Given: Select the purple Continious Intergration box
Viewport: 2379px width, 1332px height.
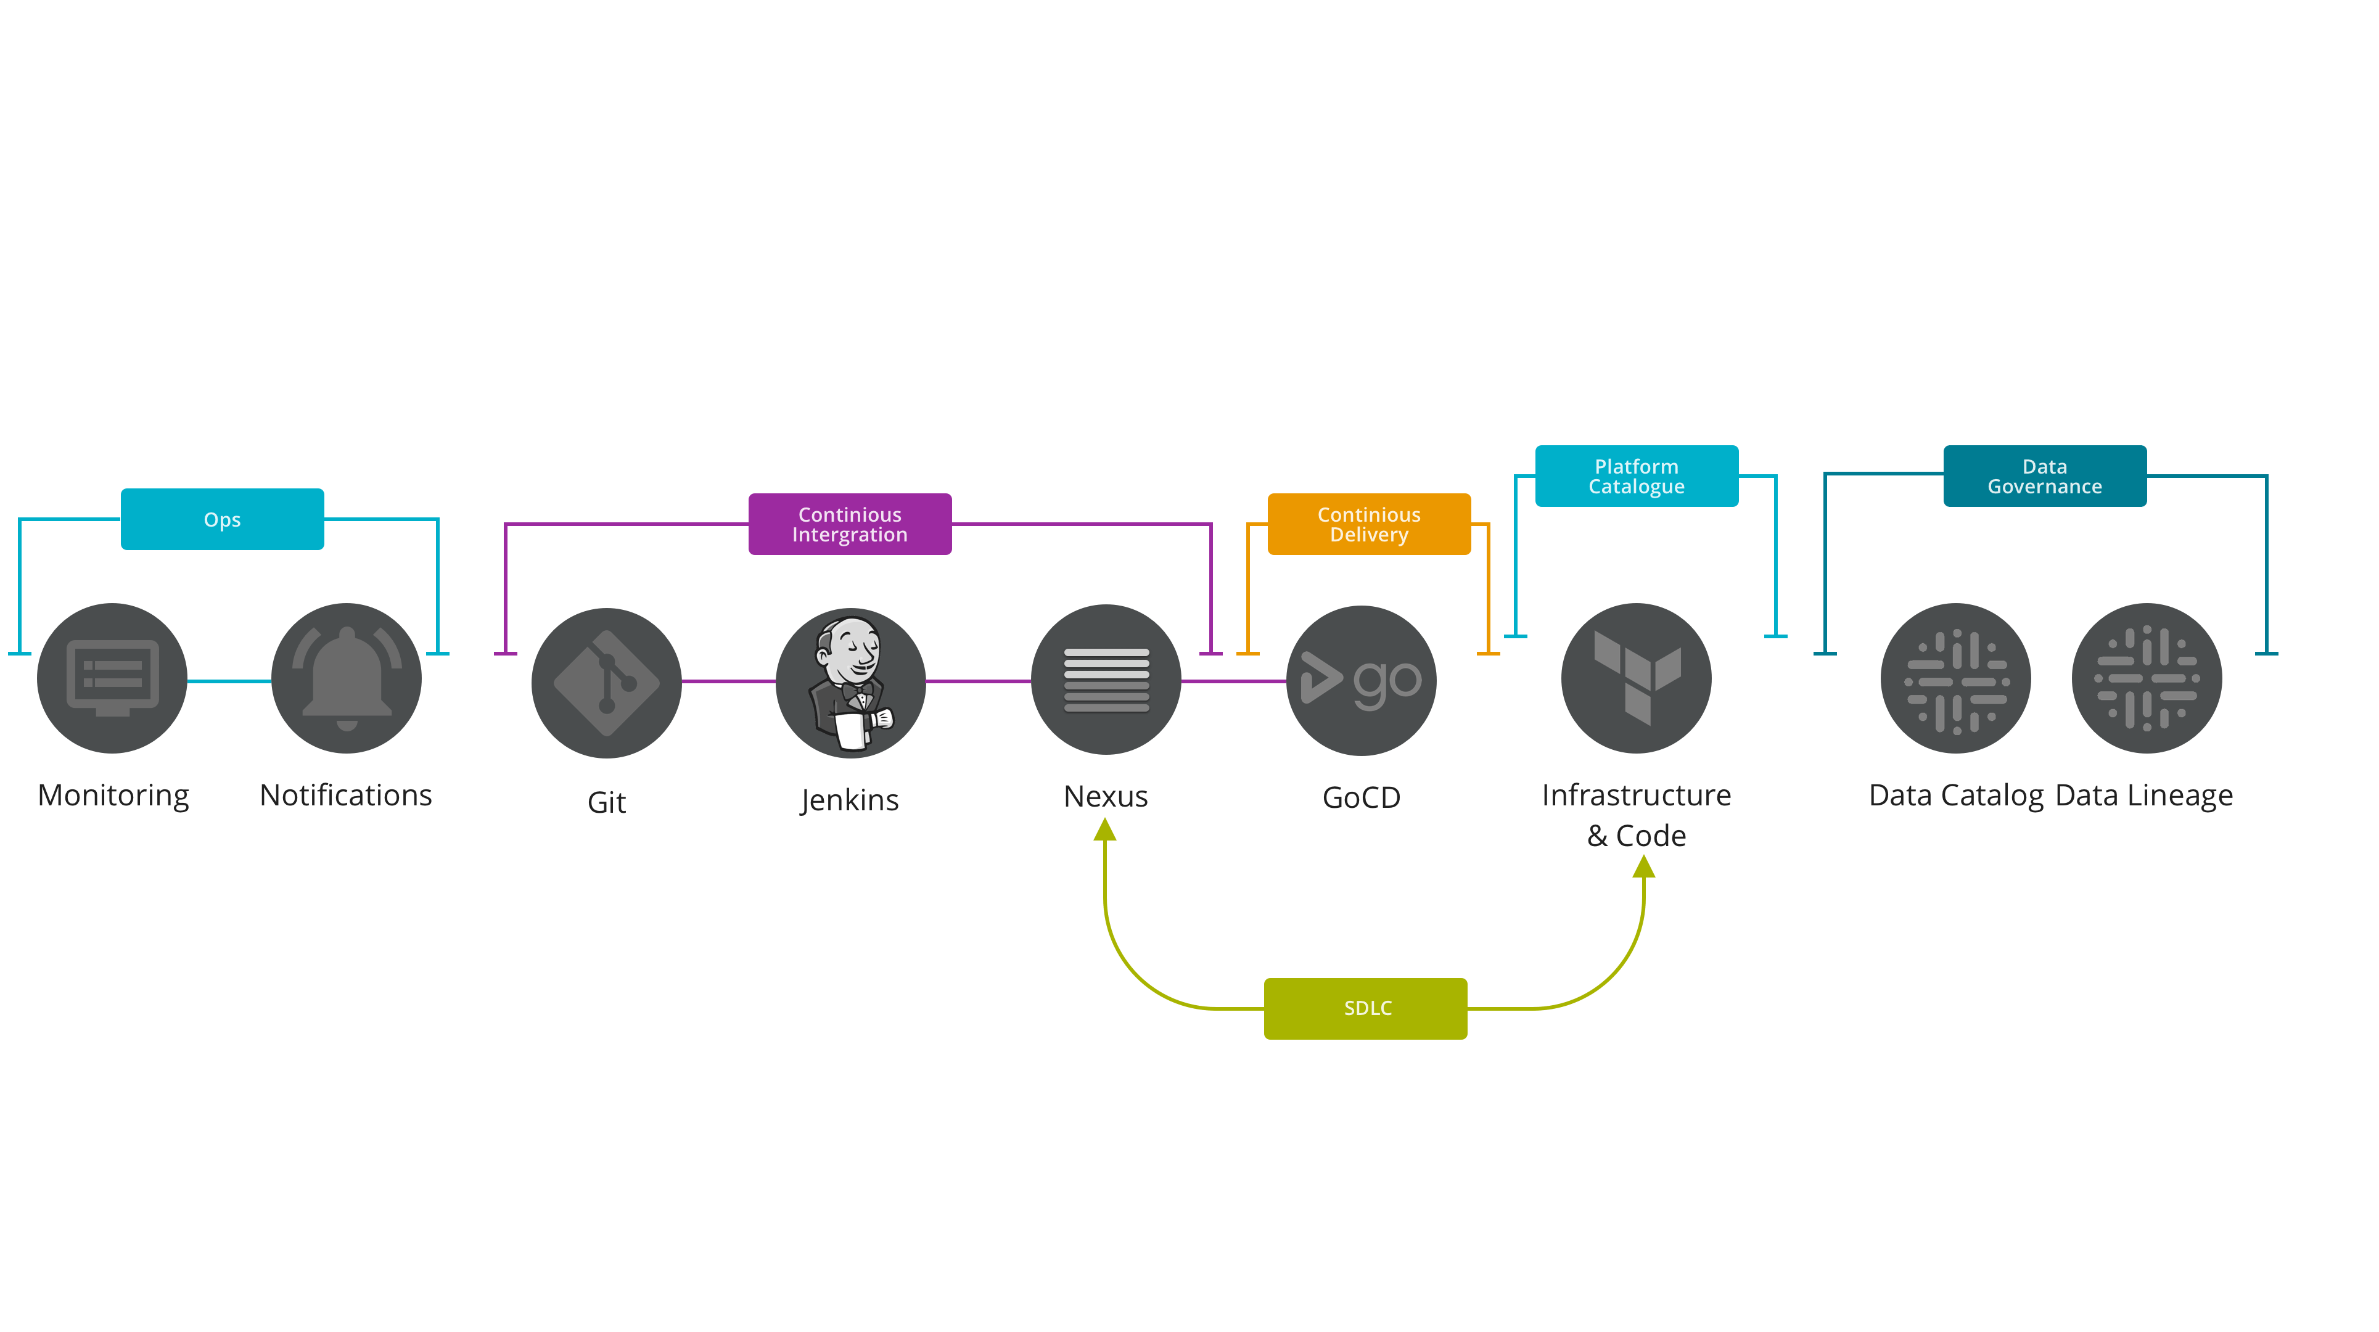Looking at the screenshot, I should tap(850, 524).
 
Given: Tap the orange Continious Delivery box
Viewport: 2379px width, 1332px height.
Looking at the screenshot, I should tap(1369, 524).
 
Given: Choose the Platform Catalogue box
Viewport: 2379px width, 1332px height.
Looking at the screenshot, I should tap(1637, 475).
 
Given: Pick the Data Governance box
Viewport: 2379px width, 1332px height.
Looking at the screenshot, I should tap(2045, 475).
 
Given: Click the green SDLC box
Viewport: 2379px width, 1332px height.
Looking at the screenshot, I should tap(1365, 1008).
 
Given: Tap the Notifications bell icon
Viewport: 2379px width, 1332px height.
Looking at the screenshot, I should tap(347, 678).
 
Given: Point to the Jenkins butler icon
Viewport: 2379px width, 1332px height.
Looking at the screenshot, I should tap(850, 683).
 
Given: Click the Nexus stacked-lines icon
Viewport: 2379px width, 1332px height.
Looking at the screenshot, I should tap(1106, 680).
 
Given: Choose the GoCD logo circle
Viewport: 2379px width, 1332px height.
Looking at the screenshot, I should tap(1362, 680).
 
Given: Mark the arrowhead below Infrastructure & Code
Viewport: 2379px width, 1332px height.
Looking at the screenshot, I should tap(1644, 866).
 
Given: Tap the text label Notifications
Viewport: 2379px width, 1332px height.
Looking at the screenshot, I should tap(345, 795).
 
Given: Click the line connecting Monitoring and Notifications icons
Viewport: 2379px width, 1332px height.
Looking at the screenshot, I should tap(229, 681).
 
